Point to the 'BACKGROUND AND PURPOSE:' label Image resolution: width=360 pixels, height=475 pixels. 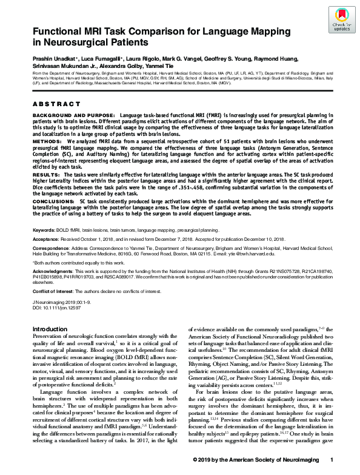65,115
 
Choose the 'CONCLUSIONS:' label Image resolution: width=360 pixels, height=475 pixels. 52,200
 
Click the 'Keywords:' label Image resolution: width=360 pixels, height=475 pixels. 44,231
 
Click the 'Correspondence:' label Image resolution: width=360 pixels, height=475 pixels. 52,249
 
